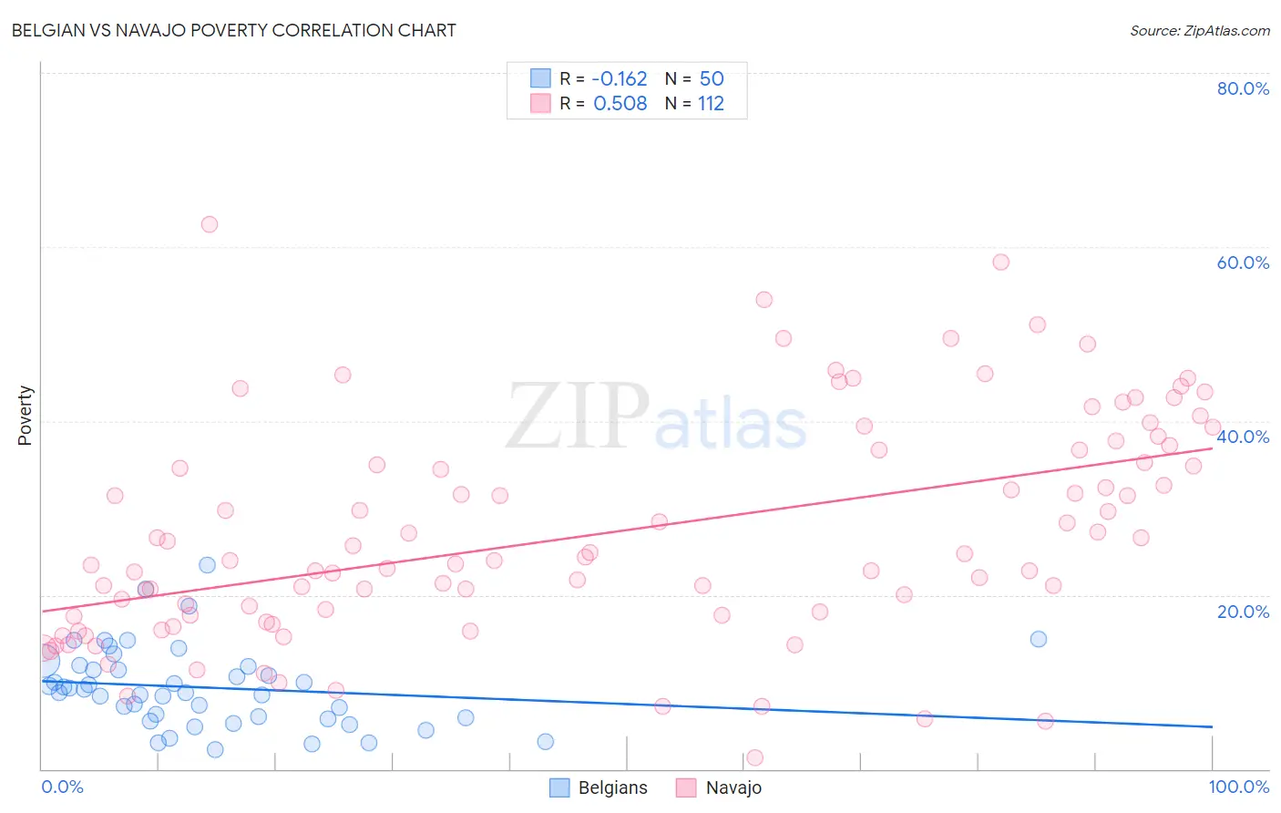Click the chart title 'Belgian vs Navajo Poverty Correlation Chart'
(x=234, y=30)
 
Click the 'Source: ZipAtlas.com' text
(x=1199, y=30)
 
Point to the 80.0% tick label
(x=1243, y=88)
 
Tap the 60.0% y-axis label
(x=1243, y=262)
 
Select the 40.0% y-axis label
(x=1243, y=437)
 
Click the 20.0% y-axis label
(x=1243, y=612)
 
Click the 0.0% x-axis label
(x=62, y=787)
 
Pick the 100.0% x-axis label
(x=1238, y=787)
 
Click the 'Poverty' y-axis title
(x=25, y=416)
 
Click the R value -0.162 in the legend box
(x=620, y=79)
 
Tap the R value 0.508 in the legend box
(x=620, y=104)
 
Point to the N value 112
(x=711, y=104)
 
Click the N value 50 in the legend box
(x=711, y=79)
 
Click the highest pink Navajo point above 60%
(x=210, y=224)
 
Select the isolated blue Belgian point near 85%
(x=1038, y=639)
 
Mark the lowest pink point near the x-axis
(x=754, y=757)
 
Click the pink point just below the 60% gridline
(x=1000, y=262)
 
